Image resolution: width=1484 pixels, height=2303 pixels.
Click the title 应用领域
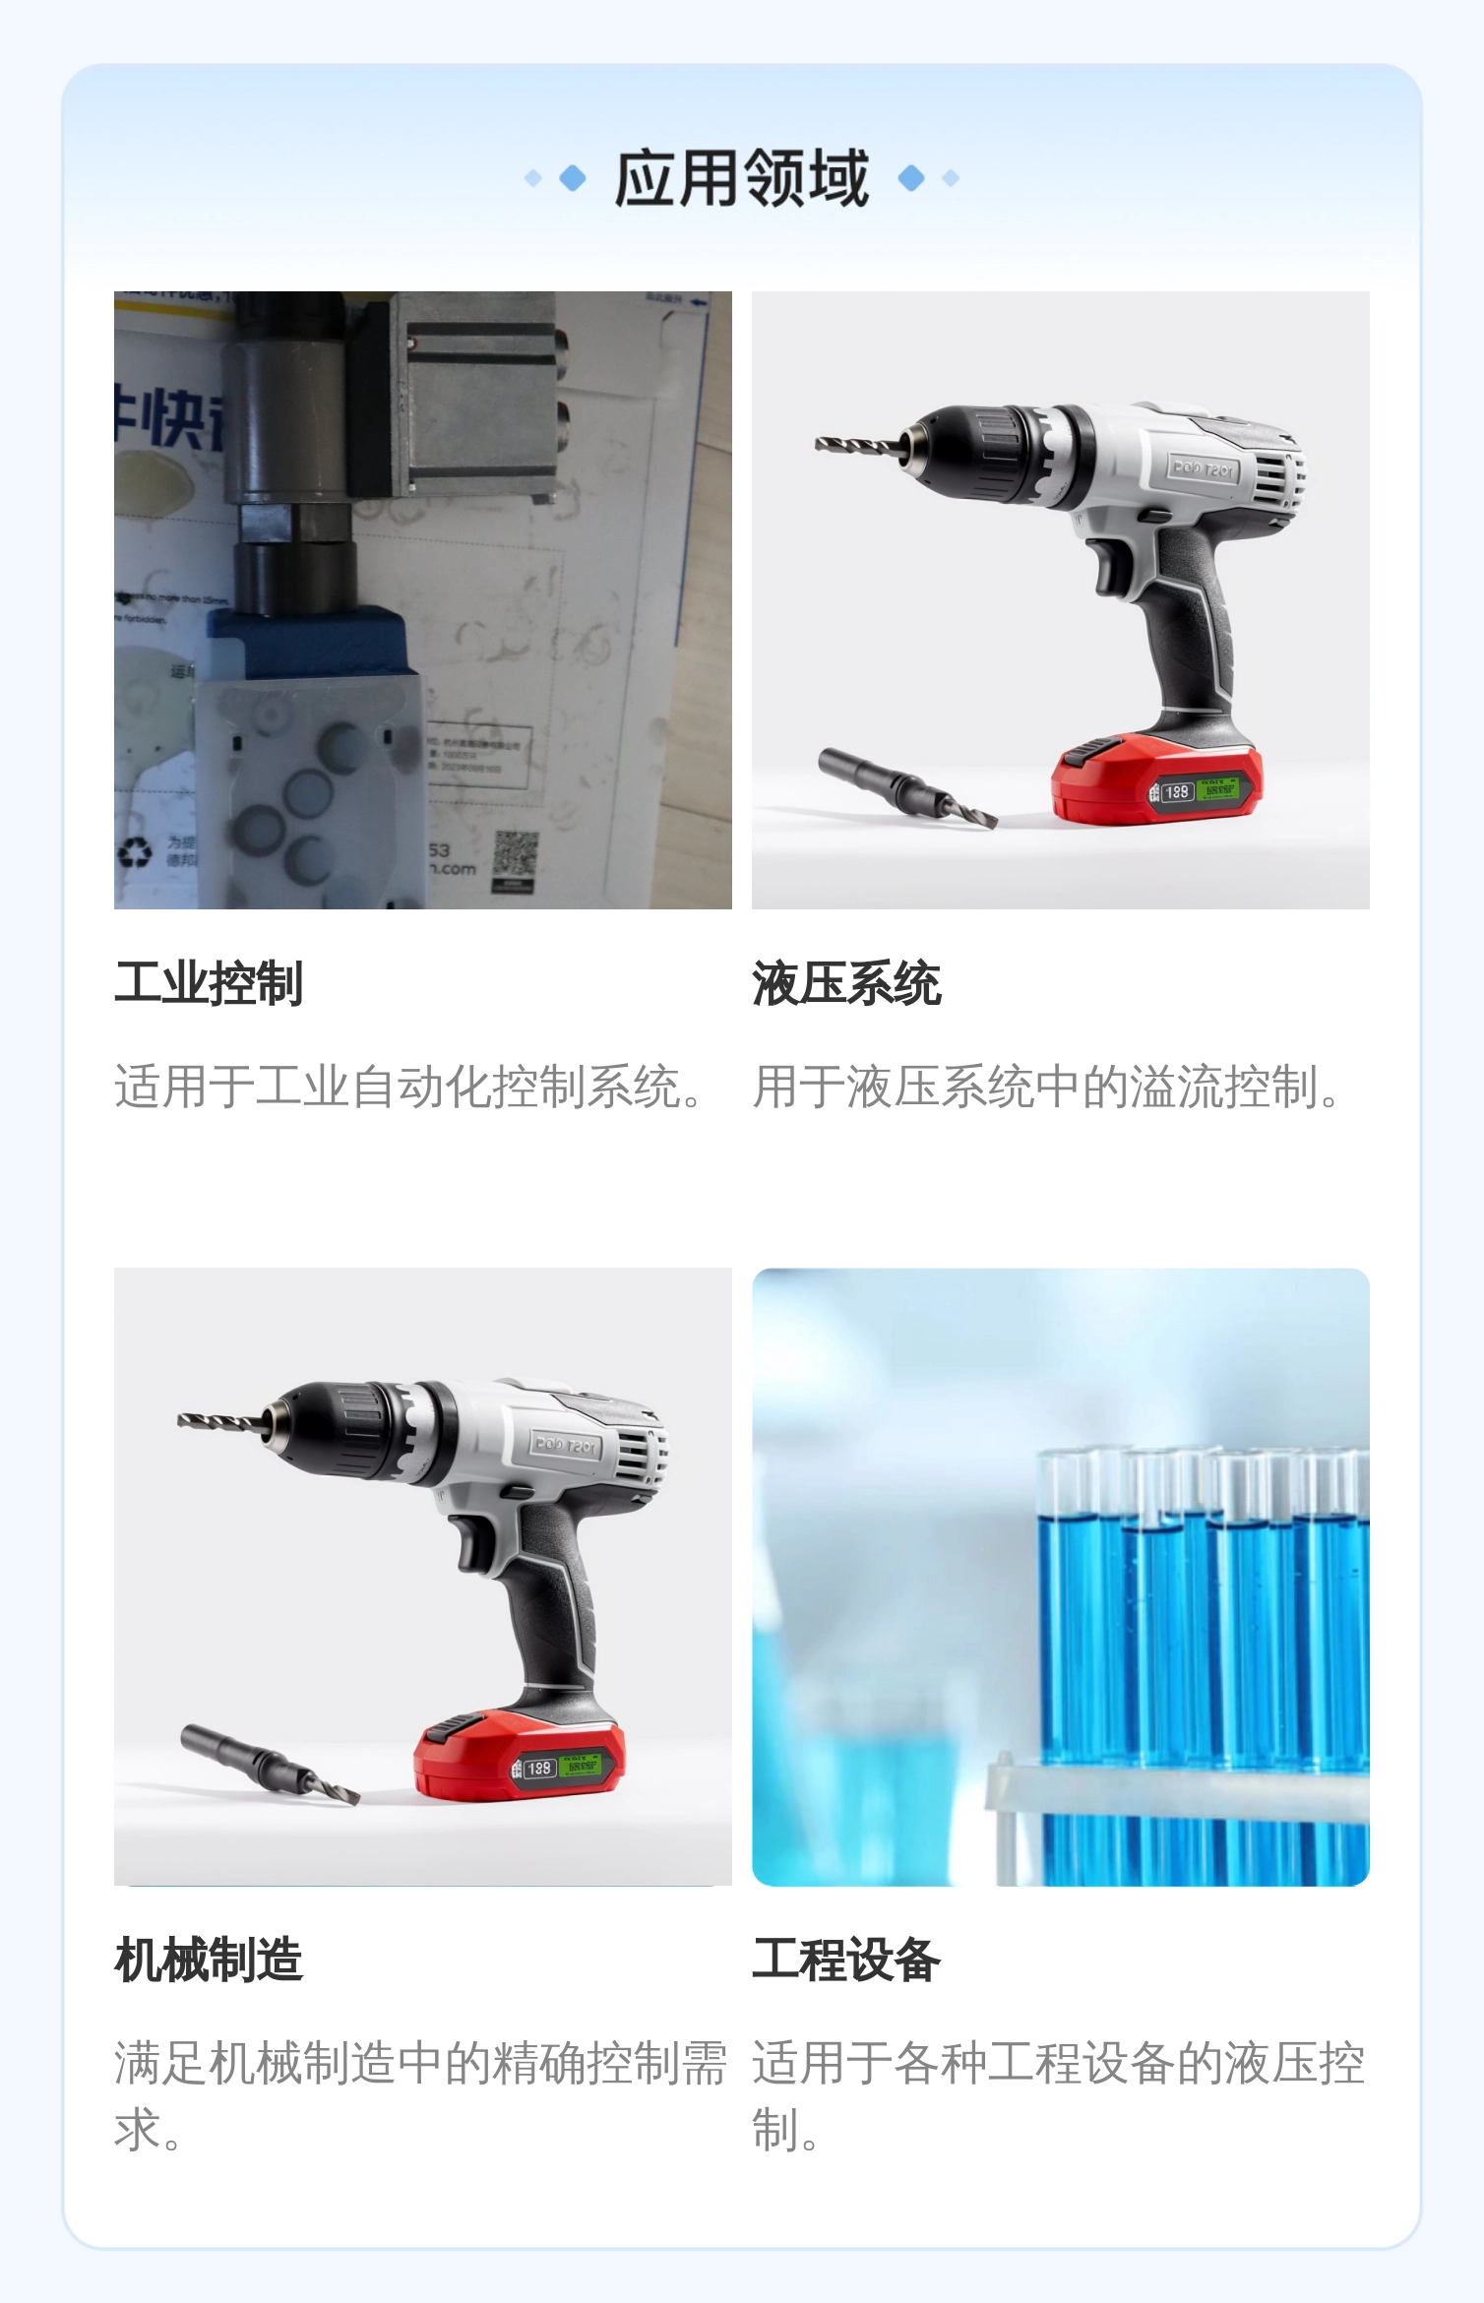741,178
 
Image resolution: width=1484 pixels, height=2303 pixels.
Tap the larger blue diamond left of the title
572,178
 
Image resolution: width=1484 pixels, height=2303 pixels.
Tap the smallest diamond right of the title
951,178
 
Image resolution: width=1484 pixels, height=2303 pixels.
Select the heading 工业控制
209,983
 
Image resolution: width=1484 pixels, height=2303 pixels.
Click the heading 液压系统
846,983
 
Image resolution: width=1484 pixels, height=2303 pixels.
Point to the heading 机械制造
209,1960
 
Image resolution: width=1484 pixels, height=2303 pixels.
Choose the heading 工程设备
846,1960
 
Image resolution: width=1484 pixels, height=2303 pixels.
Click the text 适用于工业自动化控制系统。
411,1087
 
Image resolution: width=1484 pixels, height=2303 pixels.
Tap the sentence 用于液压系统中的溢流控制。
1049,1087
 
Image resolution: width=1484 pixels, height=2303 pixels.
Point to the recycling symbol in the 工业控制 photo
136,851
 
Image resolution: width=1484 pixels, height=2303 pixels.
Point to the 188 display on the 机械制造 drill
538,1769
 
